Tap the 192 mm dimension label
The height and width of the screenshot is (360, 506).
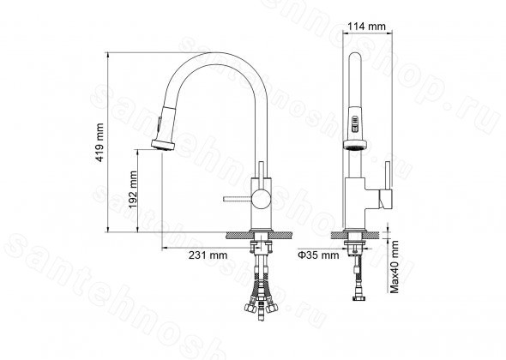pyautogui.click(x=133, y=189)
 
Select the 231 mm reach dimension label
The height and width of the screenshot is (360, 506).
pyautogui.click(x=208, y=255)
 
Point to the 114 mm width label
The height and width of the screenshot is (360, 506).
pyautogui.click(x=366, y=26)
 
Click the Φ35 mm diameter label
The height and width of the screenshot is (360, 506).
pyautogui.click(x=318, y=255)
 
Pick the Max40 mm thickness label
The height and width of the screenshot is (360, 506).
pyautogui.click(x=395, y=267)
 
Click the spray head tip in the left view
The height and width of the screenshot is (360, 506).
pyautogui.click(x=163, y=145)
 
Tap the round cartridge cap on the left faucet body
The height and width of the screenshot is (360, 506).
pyautogui.click(x=260, y=199)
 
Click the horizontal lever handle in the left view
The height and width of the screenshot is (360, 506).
pyautogui.click(x=238, y=199)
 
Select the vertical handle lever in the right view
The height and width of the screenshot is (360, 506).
pyautogui.click(x=388, y=176)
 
